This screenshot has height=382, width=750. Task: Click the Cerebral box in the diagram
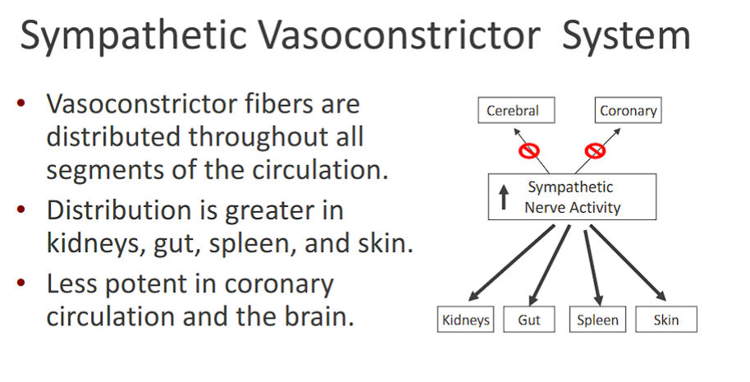coord(512,111)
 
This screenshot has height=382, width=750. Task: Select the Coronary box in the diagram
coord(628,111)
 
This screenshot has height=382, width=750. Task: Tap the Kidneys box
coord(465,320)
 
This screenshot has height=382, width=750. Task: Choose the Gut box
coord(529,320)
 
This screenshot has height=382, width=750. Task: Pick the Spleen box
coord(597,320)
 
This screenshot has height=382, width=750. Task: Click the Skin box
coord(666,320)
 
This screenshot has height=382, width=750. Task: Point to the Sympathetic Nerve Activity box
coord(572,197)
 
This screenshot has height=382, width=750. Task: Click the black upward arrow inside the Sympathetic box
coord(504,197)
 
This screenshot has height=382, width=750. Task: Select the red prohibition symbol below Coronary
coord(595,150)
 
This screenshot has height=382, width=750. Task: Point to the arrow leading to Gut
coord(549,264)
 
